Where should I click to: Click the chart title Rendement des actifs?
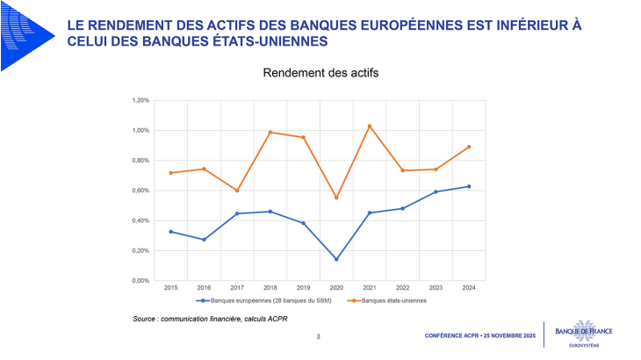pos(320,73)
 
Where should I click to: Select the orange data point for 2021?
pos(370,126)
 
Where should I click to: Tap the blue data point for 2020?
pos(336,259)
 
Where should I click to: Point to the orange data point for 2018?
pos(270,133)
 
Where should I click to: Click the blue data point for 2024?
pos(469,186)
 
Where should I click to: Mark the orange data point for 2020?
pos(336,198)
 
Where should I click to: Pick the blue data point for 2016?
pos(204,240)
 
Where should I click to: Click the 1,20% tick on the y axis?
pos(140,101)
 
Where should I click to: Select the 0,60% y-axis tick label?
pos(140,191)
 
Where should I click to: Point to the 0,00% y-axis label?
pos(140,281)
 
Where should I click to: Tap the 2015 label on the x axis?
pos(170,287)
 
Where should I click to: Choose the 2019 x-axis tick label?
pos(303,287)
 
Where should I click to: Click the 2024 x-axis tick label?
pos(469,287)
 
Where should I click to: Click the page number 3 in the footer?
pos(318,336)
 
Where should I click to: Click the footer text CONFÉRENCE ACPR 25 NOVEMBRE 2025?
pos(479,336)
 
